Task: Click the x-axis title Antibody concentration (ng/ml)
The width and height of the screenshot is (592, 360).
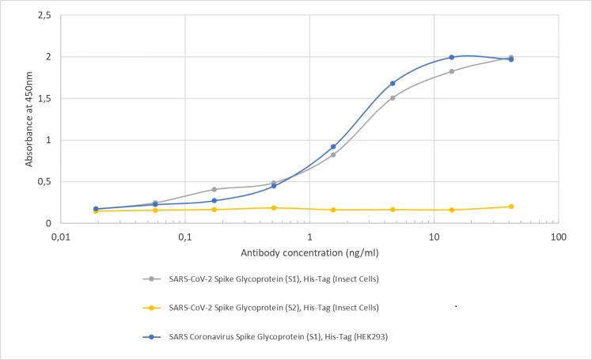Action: pos(308,252)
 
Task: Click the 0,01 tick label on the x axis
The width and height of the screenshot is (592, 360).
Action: pos(61,237)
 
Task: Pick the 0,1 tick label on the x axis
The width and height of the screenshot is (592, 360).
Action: pos(185,237)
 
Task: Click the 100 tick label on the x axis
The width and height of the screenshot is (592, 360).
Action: pos(558,237)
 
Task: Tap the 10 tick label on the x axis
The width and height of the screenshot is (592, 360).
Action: pos(434,237)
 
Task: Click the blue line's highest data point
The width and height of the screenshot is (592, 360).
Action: pos(452,57)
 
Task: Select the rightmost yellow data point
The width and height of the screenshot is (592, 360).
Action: pos(511,207)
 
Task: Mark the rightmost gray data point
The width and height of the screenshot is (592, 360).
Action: pos(511,57)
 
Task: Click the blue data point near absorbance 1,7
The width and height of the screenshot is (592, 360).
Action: pos(393,83)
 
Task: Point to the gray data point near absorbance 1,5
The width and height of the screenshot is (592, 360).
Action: pos(393,98)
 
